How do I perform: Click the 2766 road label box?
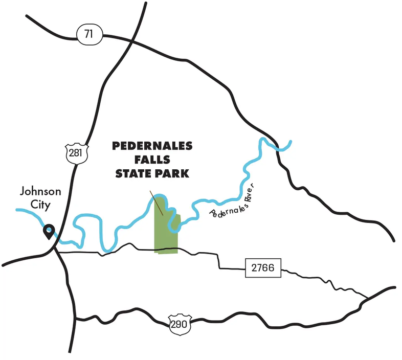pyautogui.click(x=263, y=267)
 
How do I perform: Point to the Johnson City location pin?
pyautogui.click(x=49, y=231)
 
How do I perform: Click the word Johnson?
pyautogui.click(x=40, y=192)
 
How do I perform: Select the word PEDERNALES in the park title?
pyautogui.click(x=152, y=146)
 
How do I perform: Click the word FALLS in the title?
pyautogui.click(x=152, y=160)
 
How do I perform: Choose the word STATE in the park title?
pyautogui.click(x=134, y=174)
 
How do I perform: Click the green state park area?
pyautogui.click(x=166, y=235)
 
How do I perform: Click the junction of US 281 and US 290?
pyautogui.click(x=75, y=318)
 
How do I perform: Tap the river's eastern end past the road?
pyautogui.click(x=290, y=142)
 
